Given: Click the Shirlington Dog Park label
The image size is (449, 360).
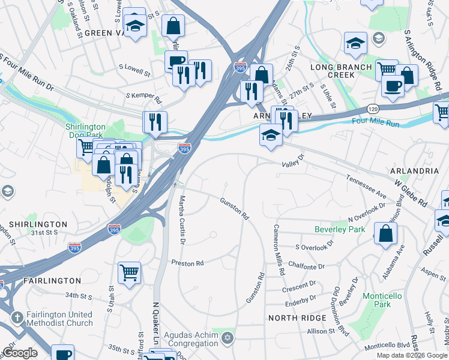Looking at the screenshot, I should pyautogui.click(x=85, y=131).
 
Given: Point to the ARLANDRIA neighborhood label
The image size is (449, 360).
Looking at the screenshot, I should pyautogui.click(x=414, y=171).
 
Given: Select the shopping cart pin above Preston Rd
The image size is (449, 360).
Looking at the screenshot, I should pyautogui.click(x=129, y=273).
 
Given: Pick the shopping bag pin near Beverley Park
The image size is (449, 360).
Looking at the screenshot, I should pyautogui.click(x=385, y=233).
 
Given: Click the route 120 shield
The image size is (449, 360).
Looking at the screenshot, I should pyautogui.click(x=372, y=107).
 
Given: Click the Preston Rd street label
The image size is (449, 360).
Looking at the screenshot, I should pyautogui.click(x=188, y=263).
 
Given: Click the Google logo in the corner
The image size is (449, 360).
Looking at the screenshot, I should pyautogui.click(x=20, y=353).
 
